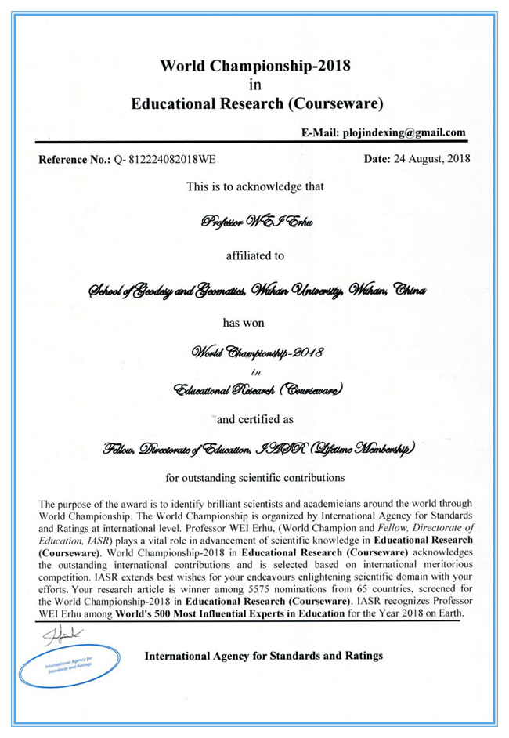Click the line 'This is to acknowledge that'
click(x=254, y=187)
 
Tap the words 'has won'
click(x=254, y=320)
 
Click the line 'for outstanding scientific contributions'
click(x=254, y=476)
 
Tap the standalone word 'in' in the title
click(x=254, y=85)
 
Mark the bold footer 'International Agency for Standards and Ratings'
click(x=264, y=655)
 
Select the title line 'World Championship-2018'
click(x=254, y=66)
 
